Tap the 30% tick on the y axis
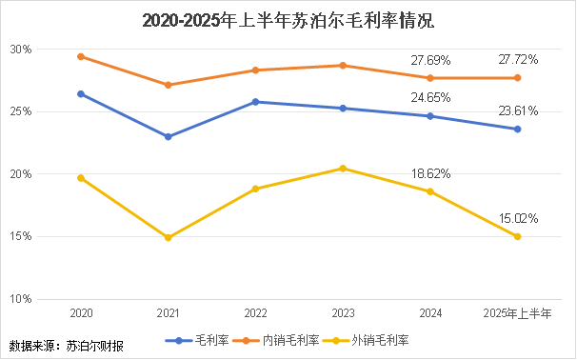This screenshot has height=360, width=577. (22, 50)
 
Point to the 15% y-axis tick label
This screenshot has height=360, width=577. (22, 237)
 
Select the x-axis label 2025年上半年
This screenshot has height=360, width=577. (517, 312)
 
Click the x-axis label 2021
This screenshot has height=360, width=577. (168, 312)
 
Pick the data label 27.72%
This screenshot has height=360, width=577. (518, 60)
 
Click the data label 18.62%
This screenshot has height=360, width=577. (430, 174)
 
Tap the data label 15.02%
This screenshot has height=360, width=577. (518, 218)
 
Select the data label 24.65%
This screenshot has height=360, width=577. (430, 97)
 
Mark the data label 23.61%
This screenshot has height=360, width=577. (518, 110)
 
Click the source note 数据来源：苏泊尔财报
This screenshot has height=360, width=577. (66, 344)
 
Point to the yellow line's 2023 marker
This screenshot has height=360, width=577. (343, 169)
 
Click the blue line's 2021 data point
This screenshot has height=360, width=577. (168, 136)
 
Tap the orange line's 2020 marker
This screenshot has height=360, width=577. (81, 56)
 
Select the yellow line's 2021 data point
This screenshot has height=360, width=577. (168, 238)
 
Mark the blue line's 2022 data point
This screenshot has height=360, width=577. (255, 102)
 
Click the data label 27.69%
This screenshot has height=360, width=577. (430, 60)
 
